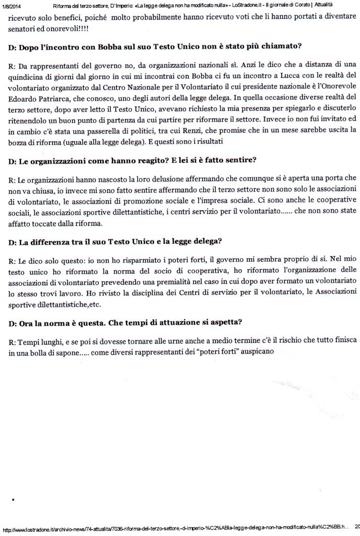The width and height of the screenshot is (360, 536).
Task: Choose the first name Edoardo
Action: [x=25, y=98]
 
